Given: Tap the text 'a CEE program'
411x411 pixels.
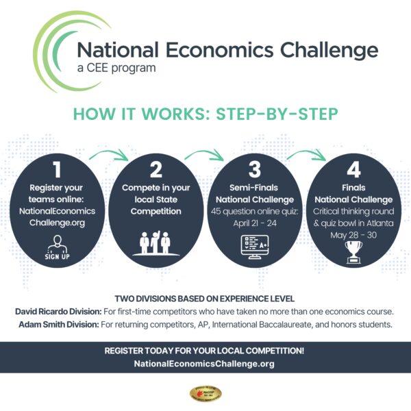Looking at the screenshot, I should point(116,68).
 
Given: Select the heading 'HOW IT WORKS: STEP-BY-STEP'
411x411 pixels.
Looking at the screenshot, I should point(206,114).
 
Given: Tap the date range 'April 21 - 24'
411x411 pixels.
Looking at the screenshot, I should point(255,223).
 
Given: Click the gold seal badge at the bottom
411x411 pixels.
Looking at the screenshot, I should point(206,394).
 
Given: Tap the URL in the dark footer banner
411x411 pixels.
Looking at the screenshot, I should point(206,364).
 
